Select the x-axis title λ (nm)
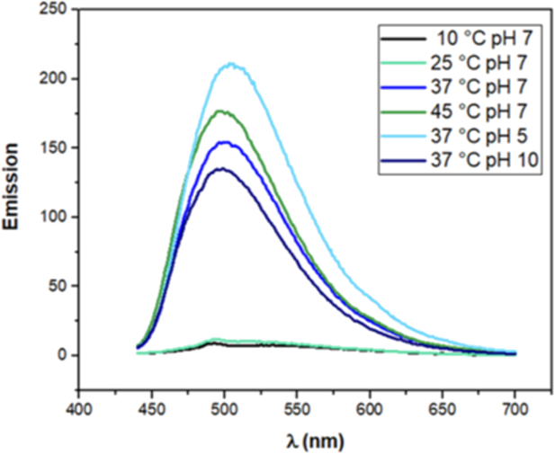tap(311, 441)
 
